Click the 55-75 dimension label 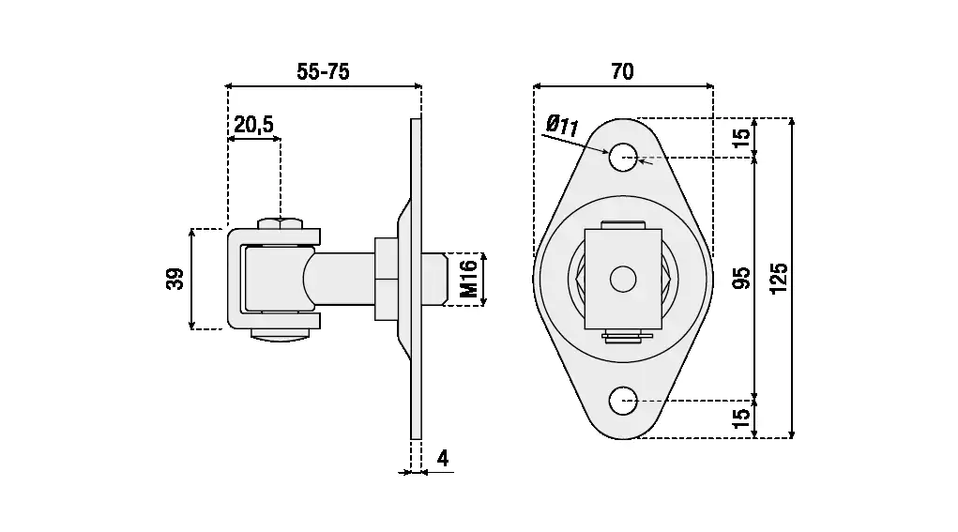(323, 71)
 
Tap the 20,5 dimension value (253, 125)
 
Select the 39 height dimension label (175, 279)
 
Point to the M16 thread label (468, 279)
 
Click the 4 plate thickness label (443, 458)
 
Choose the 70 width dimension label (622, 71)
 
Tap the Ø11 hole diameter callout (562, 126)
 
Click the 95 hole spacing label (741, 278)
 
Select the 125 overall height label (779, 279)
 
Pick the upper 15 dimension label (740, 138)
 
